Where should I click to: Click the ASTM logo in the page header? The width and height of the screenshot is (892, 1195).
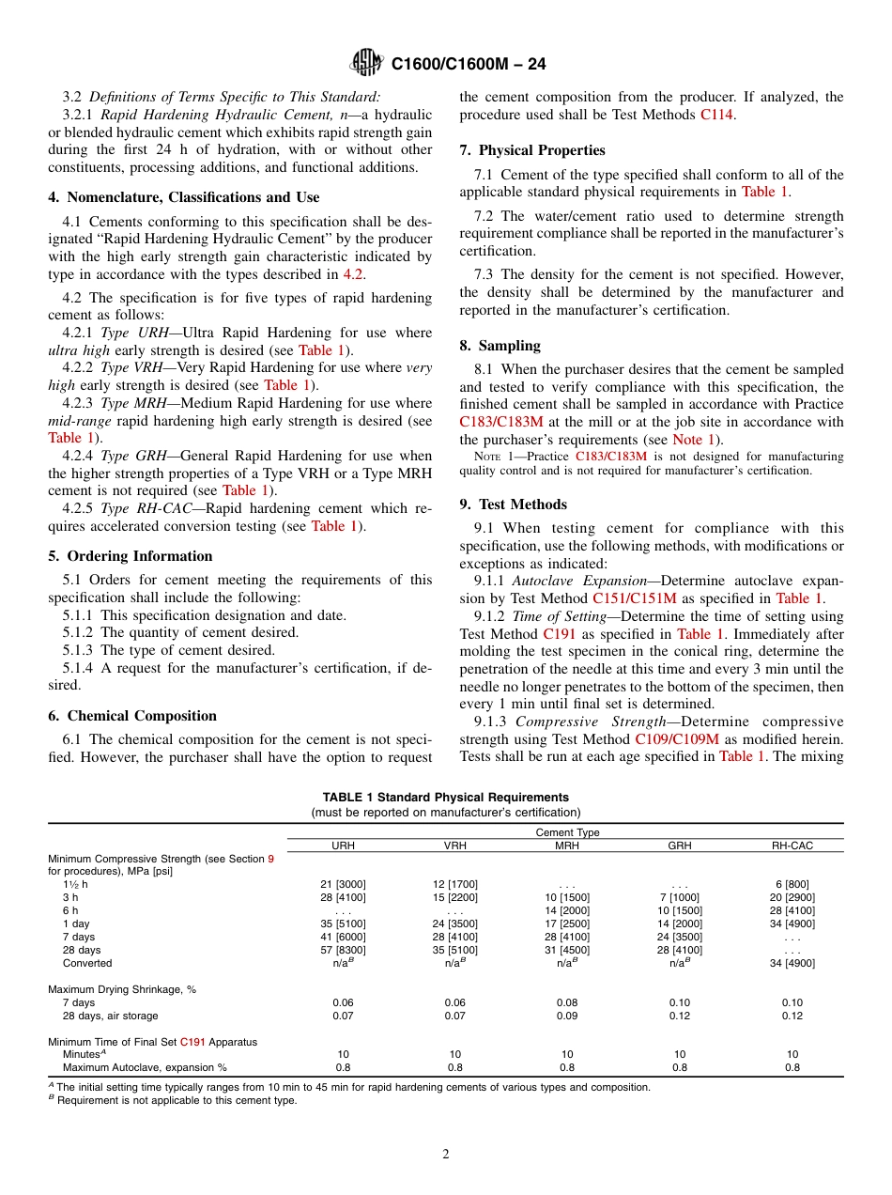366,63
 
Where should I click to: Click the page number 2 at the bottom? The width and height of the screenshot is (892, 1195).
446,1154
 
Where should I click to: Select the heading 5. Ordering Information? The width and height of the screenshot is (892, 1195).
131,556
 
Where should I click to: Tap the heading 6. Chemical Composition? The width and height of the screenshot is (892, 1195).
132,716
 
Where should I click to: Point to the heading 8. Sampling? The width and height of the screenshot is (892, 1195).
500,346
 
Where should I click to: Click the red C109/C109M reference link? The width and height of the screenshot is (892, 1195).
677,739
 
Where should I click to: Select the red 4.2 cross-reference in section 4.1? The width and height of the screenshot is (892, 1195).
353,274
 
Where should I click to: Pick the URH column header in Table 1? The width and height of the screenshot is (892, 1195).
344,846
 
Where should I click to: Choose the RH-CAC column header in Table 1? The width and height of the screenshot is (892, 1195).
792,846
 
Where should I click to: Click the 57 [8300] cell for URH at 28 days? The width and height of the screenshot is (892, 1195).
344,950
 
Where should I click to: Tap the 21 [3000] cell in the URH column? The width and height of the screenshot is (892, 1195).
344,884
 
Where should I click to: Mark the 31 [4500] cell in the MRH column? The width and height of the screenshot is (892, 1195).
567,950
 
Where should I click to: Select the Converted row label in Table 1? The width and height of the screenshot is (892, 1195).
87,963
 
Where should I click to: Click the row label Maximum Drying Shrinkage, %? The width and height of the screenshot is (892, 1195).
122,989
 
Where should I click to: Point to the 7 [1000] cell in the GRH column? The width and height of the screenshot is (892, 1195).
680,897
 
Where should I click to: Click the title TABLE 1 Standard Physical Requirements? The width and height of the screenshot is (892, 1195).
446,798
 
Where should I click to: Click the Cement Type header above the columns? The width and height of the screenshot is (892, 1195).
567,832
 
